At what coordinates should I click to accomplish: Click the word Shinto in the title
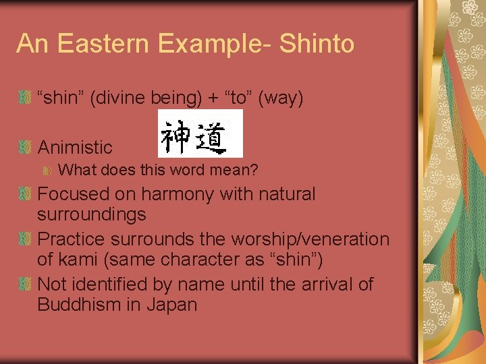[x=317, y=44]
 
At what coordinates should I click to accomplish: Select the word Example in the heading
[x=215, y=44]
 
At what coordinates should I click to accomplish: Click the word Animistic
[x=75, y=148]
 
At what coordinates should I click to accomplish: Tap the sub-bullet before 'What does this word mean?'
[x=48, y=171]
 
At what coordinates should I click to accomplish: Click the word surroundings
[x=91, y=215]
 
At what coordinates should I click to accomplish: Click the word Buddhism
[x=78, y=305]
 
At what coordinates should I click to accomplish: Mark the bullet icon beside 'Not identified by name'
[x=25, y=284]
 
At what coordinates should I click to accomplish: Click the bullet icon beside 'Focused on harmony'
[x=25, y=194]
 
